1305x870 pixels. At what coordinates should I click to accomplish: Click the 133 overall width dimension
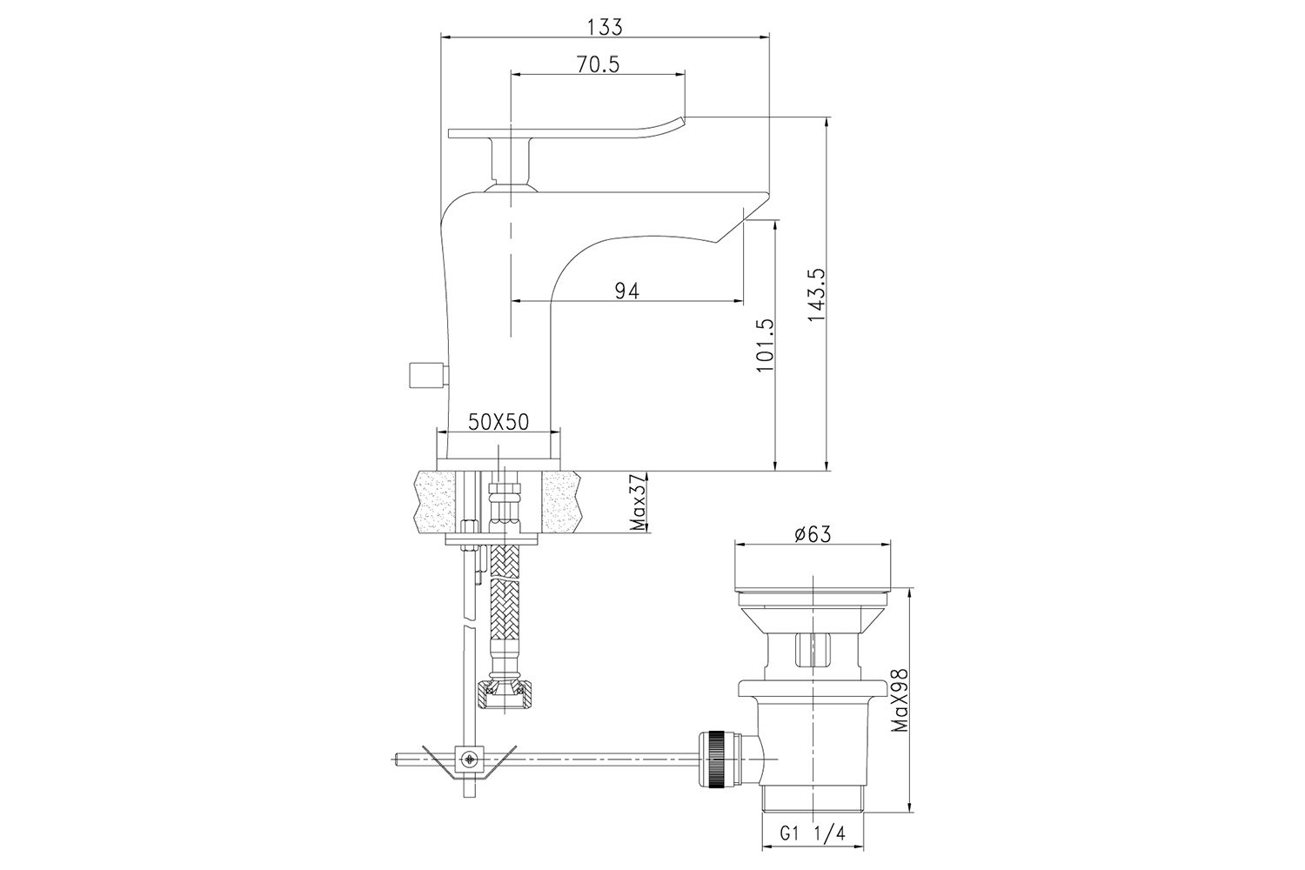pyautogui.click(x=605, y=27)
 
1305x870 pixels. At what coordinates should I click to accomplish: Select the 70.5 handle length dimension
pyautogui.click(x=599, y=64)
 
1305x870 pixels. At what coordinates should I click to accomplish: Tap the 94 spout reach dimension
pyautogui.click(x=627, y=291)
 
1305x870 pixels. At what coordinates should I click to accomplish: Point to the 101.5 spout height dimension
pyautogui.click(x=764, y=345)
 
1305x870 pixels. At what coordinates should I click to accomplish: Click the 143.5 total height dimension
pyautogui.click(x=816, y=295)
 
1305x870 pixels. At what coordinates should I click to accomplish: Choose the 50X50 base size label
pyautogui.click(x=499, y=422)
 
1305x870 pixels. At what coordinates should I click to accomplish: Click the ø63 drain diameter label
pyautogui.click(x=813, y=534)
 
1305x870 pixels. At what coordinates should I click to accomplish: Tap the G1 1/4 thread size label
pyautogui.click(x=813, y=850)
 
